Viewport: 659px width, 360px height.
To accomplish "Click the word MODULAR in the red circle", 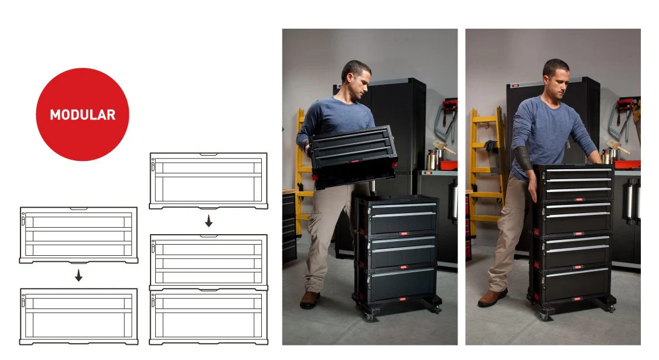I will pyautogui.click(x=83, y=115).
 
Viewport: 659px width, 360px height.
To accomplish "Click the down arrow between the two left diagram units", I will pyautogui.click(x=78, y=276).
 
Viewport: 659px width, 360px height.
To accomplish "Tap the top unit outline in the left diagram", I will pyautogui.click(x=78, y=235).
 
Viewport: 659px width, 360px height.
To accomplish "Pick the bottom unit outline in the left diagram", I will pyautogui.click(x=78, y=316).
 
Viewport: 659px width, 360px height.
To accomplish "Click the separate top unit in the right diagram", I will pyautogui.click(x=209, y=181).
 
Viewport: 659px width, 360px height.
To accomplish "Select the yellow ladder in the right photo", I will pyautogui.click(x=486, y=164).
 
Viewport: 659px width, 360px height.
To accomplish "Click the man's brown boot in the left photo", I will pyautogui.click(x=310, y=300).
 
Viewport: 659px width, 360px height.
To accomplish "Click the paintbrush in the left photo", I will pyautogui.click(x=443, y=146).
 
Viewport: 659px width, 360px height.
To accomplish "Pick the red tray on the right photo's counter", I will pyautogui.click(x=627, y=164).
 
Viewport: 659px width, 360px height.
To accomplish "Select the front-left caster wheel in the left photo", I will pyautogui.click(x=368, y=316).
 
